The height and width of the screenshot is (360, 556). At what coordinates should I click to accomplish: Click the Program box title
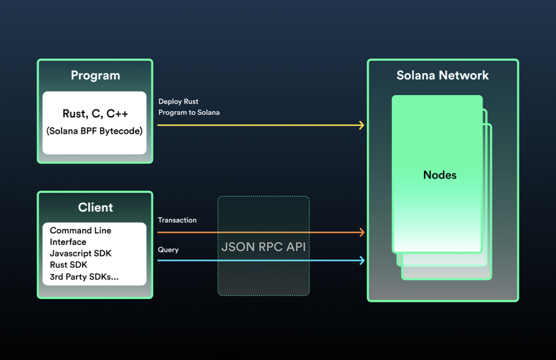(x=95, y=76)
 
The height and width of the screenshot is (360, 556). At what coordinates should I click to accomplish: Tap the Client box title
(x=95, y=208)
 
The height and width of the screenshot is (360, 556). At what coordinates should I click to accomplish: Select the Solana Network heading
(x=442, y=75)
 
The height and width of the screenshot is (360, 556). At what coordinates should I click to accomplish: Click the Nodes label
(x=440, y=175)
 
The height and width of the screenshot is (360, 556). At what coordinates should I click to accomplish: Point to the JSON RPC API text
(x=264, y=247)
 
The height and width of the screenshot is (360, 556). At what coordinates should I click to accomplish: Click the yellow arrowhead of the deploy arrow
(x=362, y=125)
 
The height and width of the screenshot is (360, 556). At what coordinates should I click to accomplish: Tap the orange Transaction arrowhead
(x=362, y=232)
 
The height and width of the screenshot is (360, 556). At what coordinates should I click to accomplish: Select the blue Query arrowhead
(x=362, y=260)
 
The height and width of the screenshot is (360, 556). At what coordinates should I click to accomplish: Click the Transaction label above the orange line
(x=177, y=220)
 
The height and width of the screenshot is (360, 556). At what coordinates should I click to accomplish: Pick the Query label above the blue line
(x=168, y=250)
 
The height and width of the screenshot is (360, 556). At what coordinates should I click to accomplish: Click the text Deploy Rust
(x=178, y=102)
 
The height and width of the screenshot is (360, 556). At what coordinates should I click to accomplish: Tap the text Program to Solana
(x=189, y=113)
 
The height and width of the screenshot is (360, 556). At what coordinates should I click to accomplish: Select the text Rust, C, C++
(x=95, y=114)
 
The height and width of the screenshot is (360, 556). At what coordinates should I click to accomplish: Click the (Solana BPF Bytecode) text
(x=94, y=131)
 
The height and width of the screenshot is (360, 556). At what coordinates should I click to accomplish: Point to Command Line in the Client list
(x=80, y=231)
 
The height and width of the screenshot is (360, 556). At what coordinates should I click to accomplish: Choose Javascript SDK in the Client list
(x=80, y=254)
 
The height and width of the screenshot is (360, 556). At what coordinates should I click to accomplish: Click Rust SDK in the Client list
(x=68, y=265)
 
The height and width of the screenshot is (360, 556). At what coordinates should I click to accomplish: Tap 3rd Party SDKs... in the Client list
(x=84, y=277)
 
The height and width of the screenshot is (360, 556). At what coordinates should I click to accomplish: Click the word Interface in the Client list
(x=68, y=242)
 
